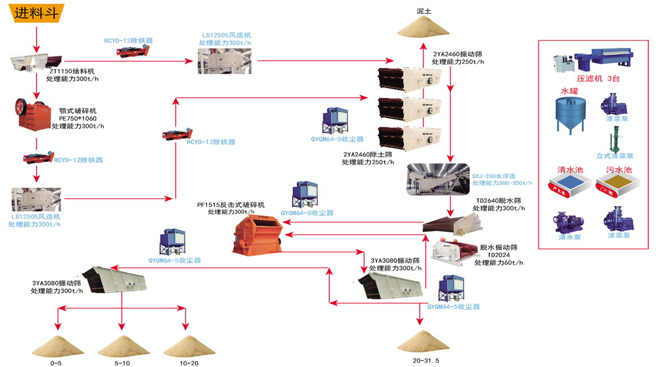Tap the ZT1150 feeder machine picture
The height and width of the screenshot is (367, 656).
37,61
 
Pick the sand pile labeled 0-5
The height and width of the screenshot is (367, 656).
56,345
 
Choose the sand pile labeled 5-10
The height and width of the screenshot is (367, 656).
122,345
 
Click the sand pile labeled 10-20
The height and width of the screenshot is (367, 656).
188,345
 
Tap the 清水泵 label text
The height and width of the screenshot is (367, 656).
569,237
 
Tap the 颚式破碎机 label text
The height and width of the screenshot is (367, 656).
77,110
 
